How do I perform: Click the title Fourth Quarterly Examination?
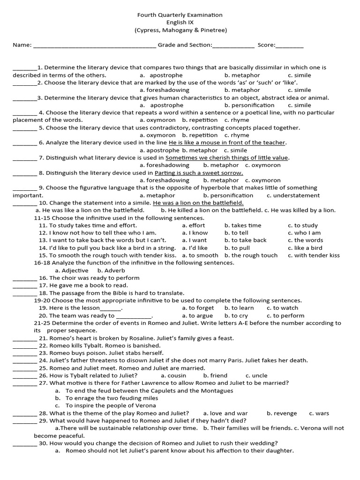180,15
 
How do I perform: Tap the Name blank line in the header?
95,45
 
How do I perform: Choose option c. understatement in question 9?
293,195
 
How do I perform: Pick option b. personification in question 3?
249,105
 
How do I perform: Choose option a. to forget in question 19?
198,308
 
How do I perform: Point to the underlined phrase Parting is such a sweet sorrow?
199,173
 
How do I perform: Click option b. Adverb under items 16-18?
109,270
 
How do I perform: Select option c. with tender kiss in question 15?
314,255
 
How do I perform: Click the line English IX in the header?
180,22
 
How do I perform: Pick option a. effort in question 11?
194,225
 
